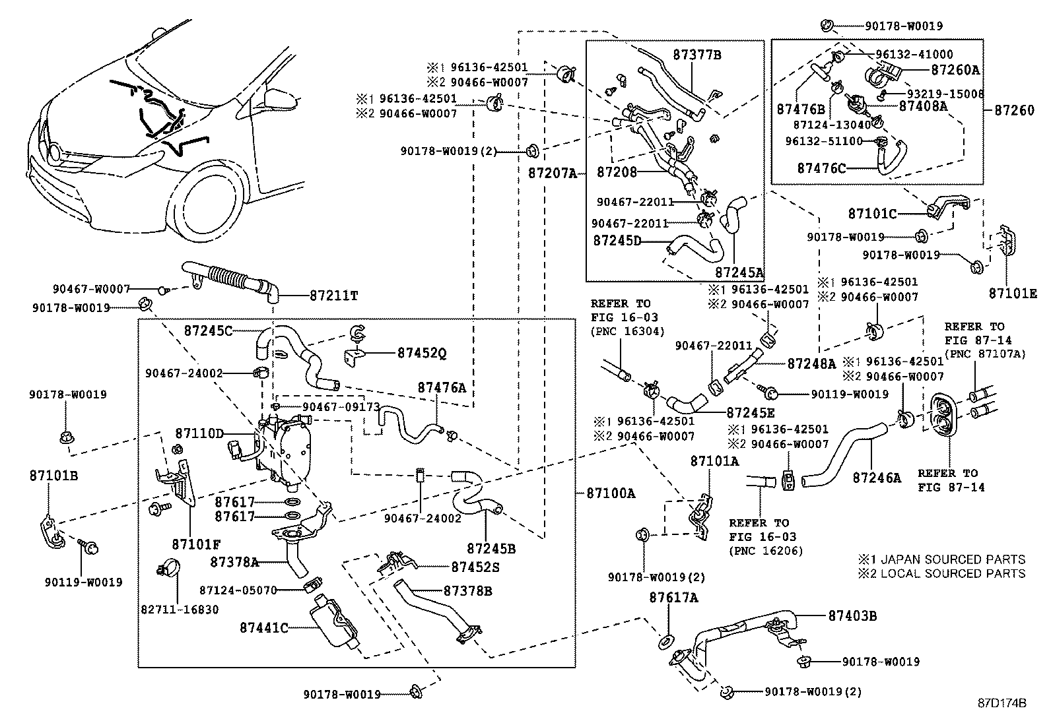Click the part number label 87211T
333,296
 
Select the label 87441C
263,627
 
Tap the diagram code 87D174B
1003,703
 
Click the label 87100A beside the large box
609,492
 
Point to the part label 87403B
852,616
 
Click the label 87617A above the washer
673,598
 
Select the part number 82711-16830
180,610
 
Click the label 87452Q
422,354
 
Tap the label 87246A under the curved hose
876,477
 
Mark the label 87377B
697,55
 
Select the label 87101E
1012,293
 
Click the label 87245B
491,548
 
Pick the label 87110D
200,433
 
